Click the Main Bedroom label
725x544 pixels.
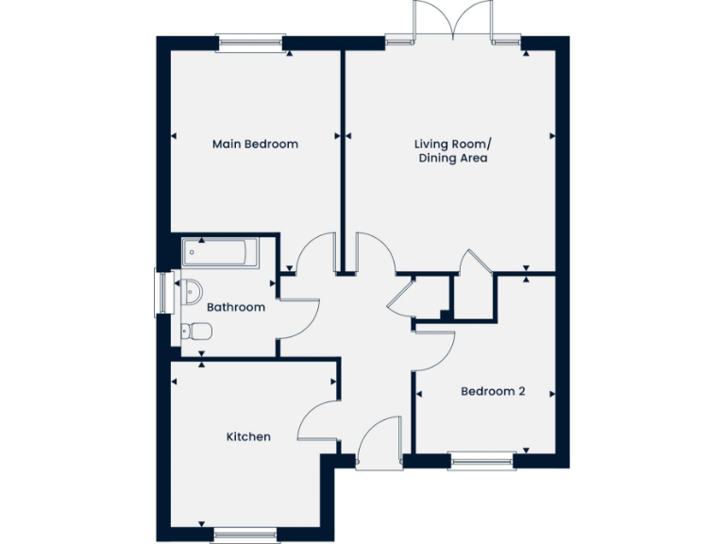255,144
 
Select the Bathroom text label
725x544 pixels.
236,307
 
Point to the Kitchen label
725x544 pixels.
248,436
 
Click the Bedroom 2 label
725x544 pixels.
492,391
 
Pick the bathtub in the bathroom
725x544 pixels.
220,252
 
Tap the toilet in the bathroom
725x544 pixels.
195,331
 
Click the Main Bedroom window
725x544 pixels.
250,42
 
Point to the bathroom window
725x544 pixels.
162,293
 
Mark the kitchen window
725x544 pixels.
244,535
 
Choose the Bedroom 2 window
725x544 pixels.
481,462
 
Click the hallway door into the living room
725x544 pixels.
376,252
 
